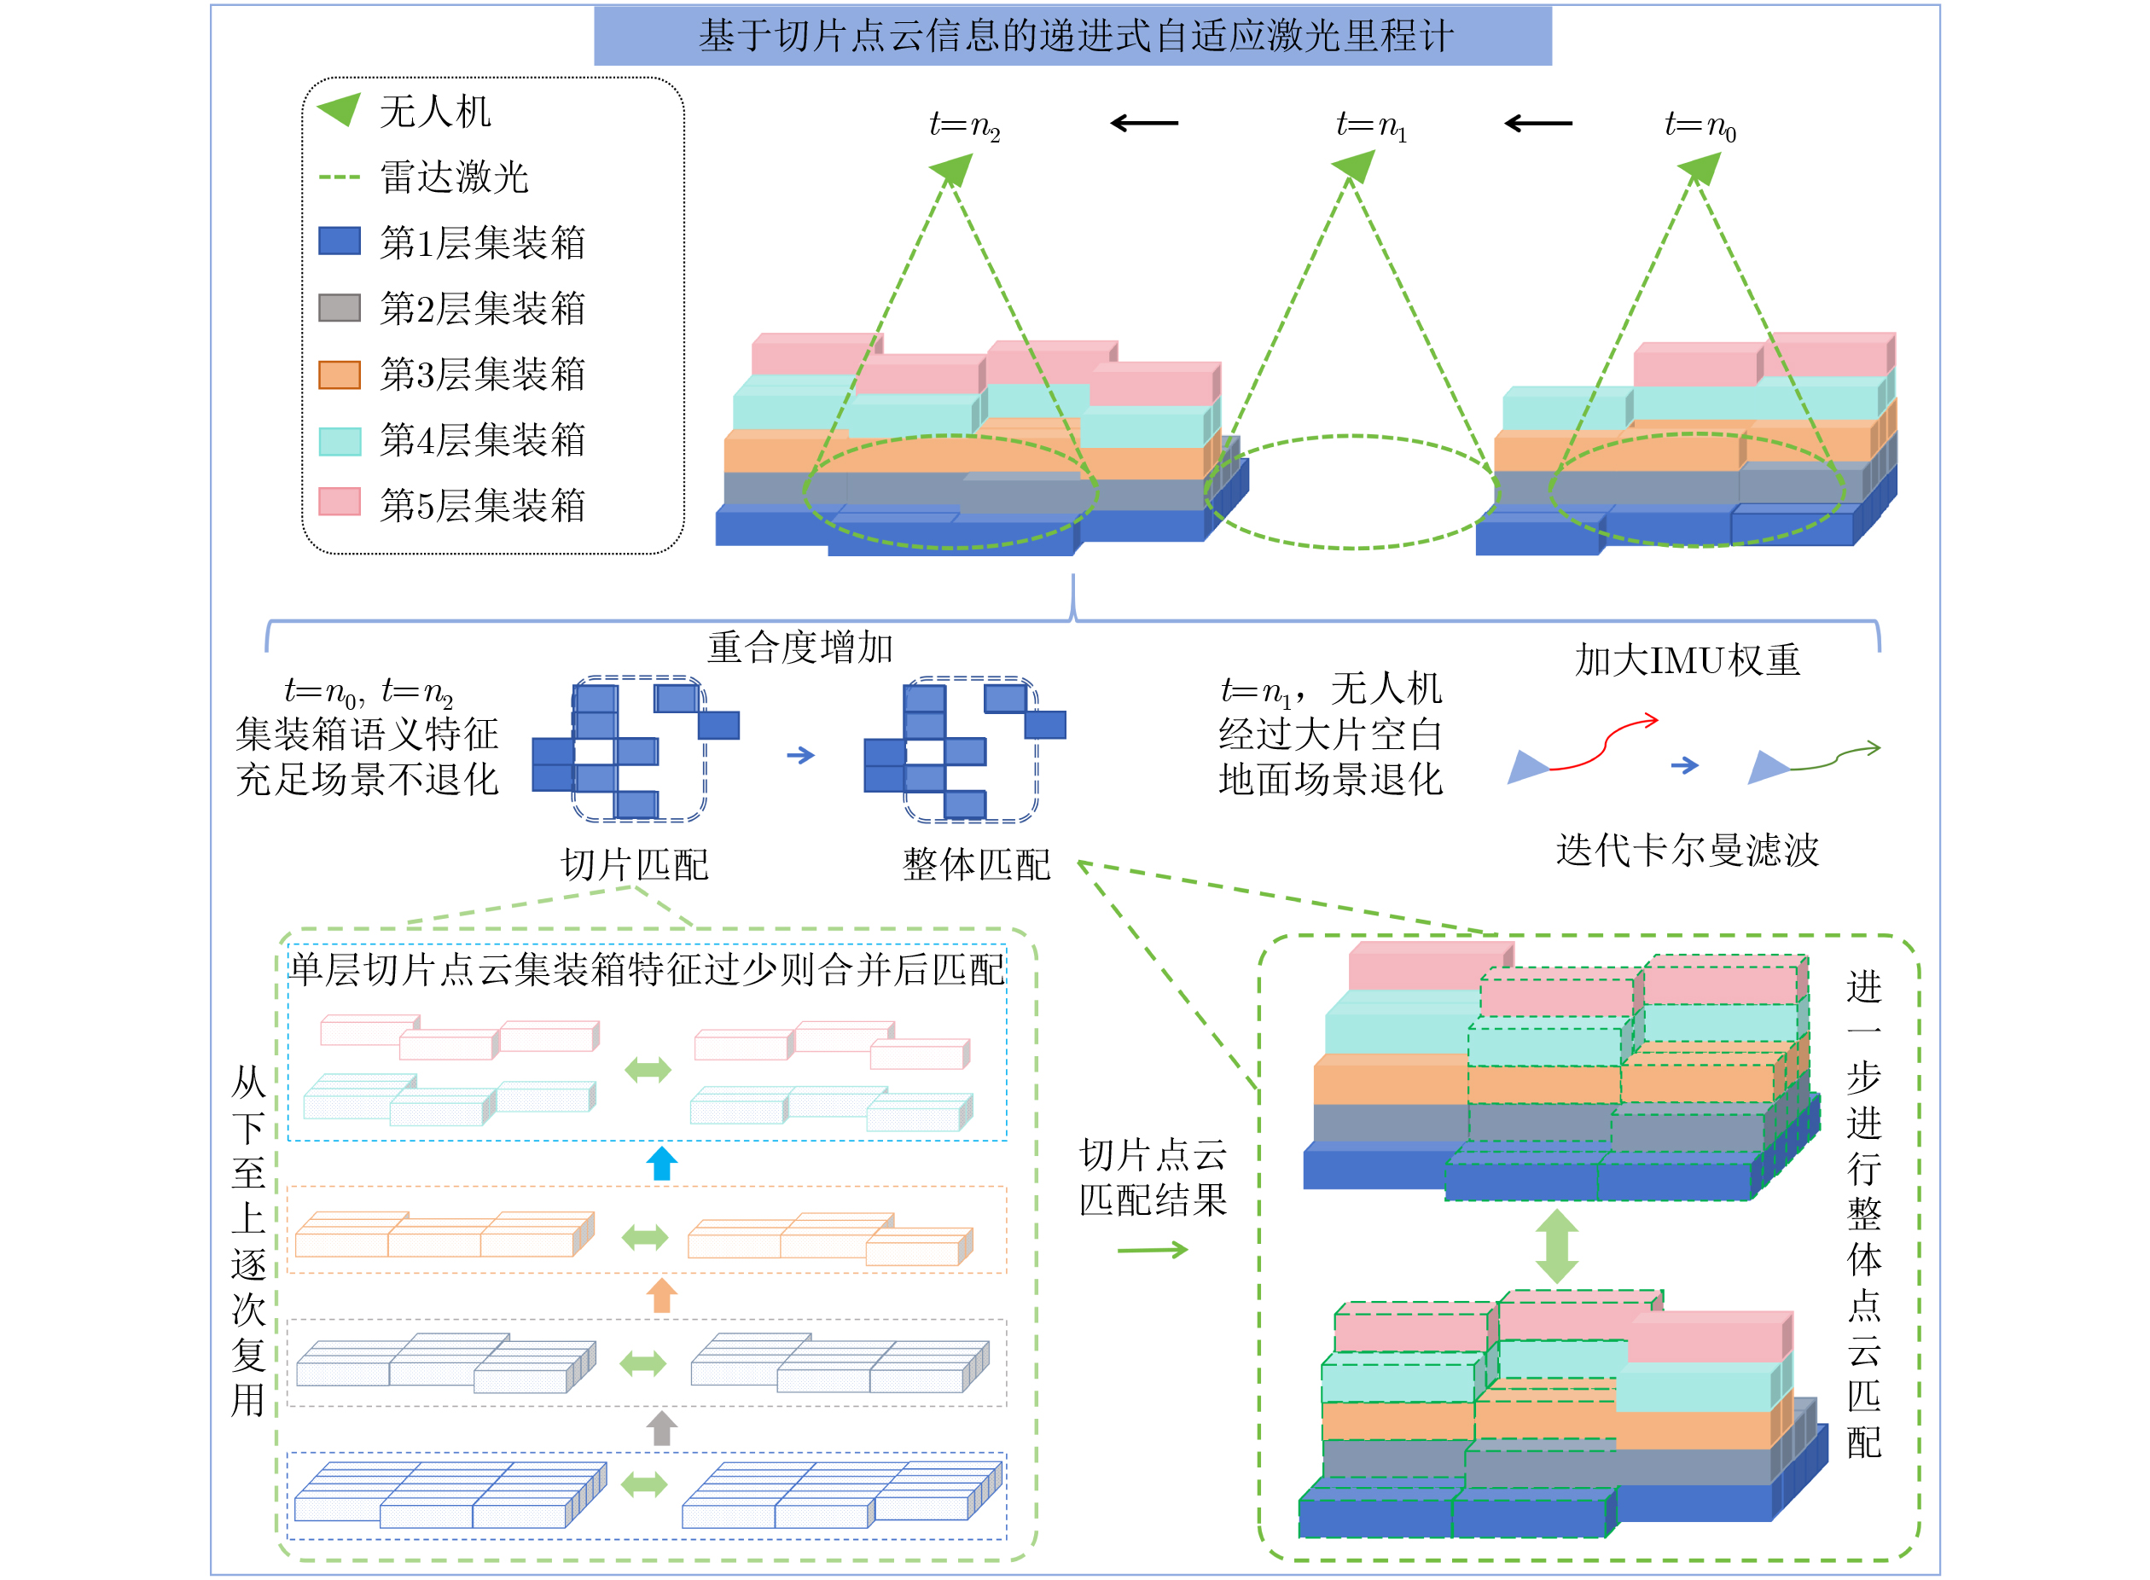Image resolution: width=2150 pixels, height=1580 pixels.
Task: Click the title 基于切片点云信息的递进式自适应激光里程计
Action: click(1075, 37)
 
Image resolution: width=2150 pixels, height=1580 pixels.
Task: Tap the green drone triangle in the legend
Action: click(340, 109)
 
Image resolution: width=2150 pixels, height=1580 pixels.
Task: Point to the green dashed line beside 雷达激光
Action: click(340, 177)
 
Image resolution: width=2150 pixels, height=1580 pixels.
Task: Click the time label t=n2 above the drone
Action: click(964, 125)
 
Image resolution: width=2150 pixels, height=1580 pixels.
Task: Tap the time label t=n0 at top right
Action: click(1700, 125)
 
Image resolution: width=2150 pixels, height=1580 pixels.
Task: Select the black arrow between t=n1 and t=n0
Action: click(1538, 124)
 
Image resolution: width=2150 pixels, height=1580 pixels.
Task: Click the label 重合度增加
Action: click(799, 648)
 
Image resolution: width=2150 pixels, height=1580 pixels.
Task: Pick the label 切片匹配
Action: click(634, 864)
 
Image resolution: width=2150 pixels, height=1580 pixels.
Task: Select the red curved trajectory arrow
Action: click(1603, 742)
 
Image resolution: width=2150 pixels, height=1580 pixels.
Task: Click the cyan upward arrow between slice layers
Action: click(662, 1163)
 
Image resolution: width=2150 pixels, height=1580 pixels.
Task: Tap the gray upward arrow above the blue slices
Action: click(662, 1428)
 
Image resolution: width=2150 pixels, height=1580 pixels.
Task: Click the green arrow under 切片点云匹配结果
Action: click(1153, 1250)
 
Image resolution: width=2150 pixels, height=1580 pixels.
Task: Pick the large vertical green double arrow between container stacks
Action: click(1557, 1246)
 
